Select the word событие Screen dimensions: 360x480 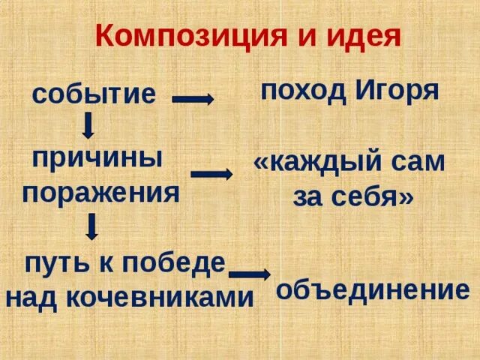pyautogui.click(x=94, y=94)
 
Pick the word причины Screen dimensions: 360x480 pyautogui.click(x=97, y=159)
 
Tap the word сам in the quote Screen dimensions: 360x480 pyautogui.click(x=420, y=163)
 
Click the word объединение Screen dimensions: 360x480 pyautogui.click(x=373, y=290)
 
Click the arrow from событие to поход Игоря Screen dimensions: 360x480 pyautogui.click(x=193, y=97)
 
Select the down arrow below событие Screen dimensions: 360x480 pyautogui.click(x=88, y=125)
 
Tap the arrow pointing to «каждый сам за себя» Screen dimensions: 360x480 pyautogui.click(x=211, y=174)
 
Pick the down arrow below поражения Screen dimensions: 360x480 pyautogui.click(x=91, y=226)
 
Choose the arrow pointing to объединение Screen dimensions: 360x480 pyautogui.click(x=250, y=274)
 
